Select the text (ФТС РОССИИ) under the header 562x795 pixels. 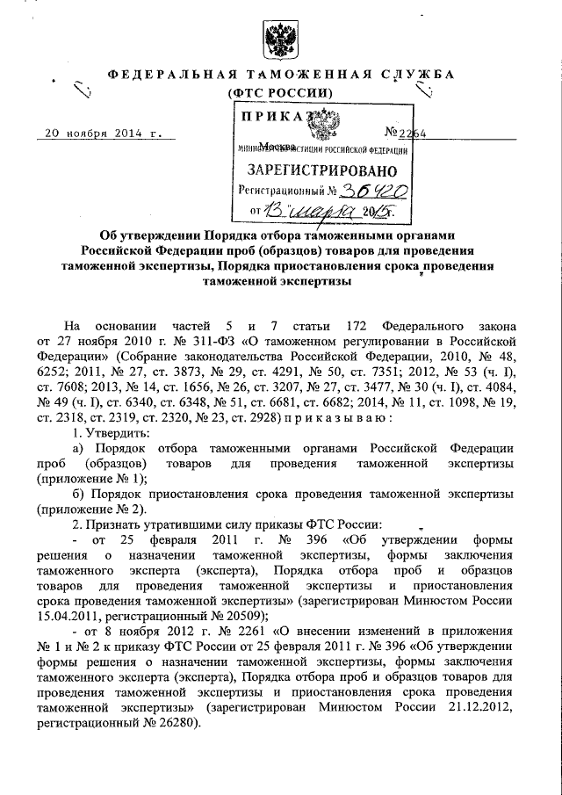[x=280, y=92]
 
